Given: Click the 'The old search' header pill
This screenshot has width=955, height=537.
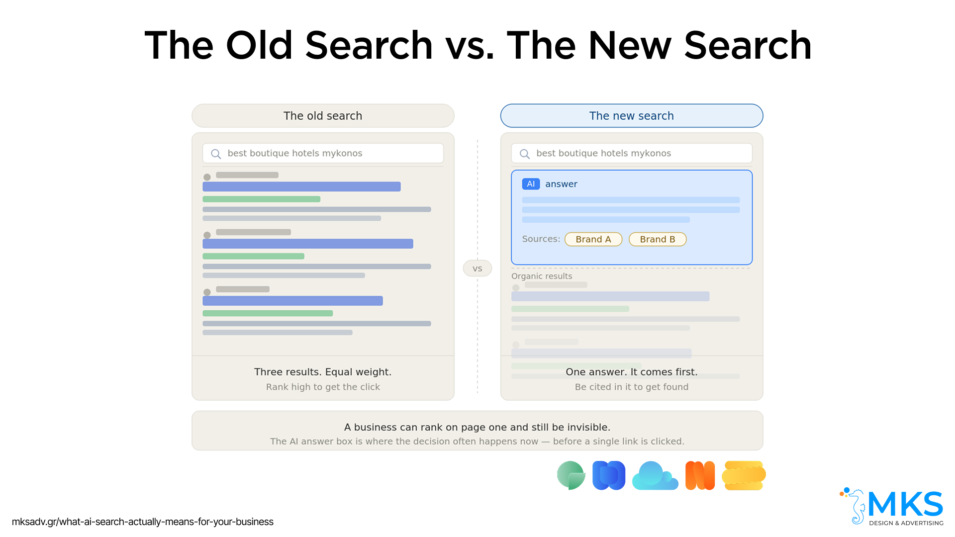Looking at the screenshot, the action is coord(323,116).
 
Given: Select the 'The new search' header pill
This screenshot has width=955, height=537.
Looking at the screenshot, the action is coord(632,116).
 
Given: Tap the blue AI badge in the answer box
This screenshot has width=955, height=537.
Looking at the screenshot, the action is coord(531,184).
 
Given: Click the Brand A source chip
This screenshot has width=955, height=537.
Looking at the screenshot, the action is coord(593,239).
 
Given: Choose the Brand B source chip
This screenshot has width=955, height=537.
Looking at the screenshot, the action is coord(658,239).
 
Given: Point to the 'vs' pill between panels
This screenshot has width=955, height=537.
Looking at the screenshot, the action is coord(477,268).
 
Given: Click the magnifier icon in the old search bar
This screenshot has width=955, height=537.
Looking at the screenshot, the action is coord(216,154).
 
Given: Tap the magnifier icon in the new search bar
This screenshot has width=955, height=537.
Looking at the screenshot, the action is coord(525,154).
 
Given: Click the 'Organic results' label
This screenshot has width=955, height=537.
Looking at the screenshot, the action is coord(542,276).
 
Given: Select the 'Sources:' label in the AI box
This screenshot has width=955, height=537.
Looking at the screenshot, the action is coord(541,239).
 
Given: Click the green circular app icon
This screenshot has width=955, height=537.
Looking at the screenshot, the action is coord(571,475).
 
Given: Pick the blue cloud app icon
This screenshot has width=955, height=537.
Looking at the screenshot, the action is coord(655,476).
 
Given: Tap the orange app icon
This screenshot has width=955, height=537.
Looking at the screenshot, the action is coord(700,476).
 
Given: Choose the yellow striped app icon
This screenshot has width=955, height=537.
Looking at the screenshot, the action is coord(744,476).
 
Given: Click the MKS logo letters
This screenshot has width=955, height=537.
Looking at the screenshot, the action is coord(905,504).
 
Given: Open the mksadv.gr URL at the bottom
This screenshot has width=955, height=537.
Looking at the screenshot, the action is coord(143,522).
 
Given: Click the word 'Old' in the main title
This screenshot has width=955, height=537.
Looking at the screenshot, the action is coord(259,45).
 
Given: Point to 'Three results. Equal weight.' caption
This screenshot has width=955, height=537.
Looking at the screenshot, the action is coord(323,372).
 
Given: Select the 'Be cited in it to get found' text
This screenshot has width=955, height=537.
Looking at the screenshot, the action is coord(632,387).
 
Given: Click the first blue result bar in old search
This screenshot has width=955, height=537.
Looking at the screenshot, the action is coord(301,186).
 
